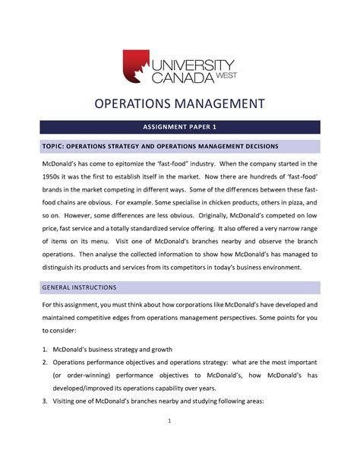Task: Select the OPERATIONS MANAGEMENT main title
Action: pos(179,104)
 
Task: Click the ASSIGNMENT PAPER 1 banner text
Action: pos(179,127)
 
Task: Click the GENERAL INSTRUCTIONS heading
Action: pos(79,288)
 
